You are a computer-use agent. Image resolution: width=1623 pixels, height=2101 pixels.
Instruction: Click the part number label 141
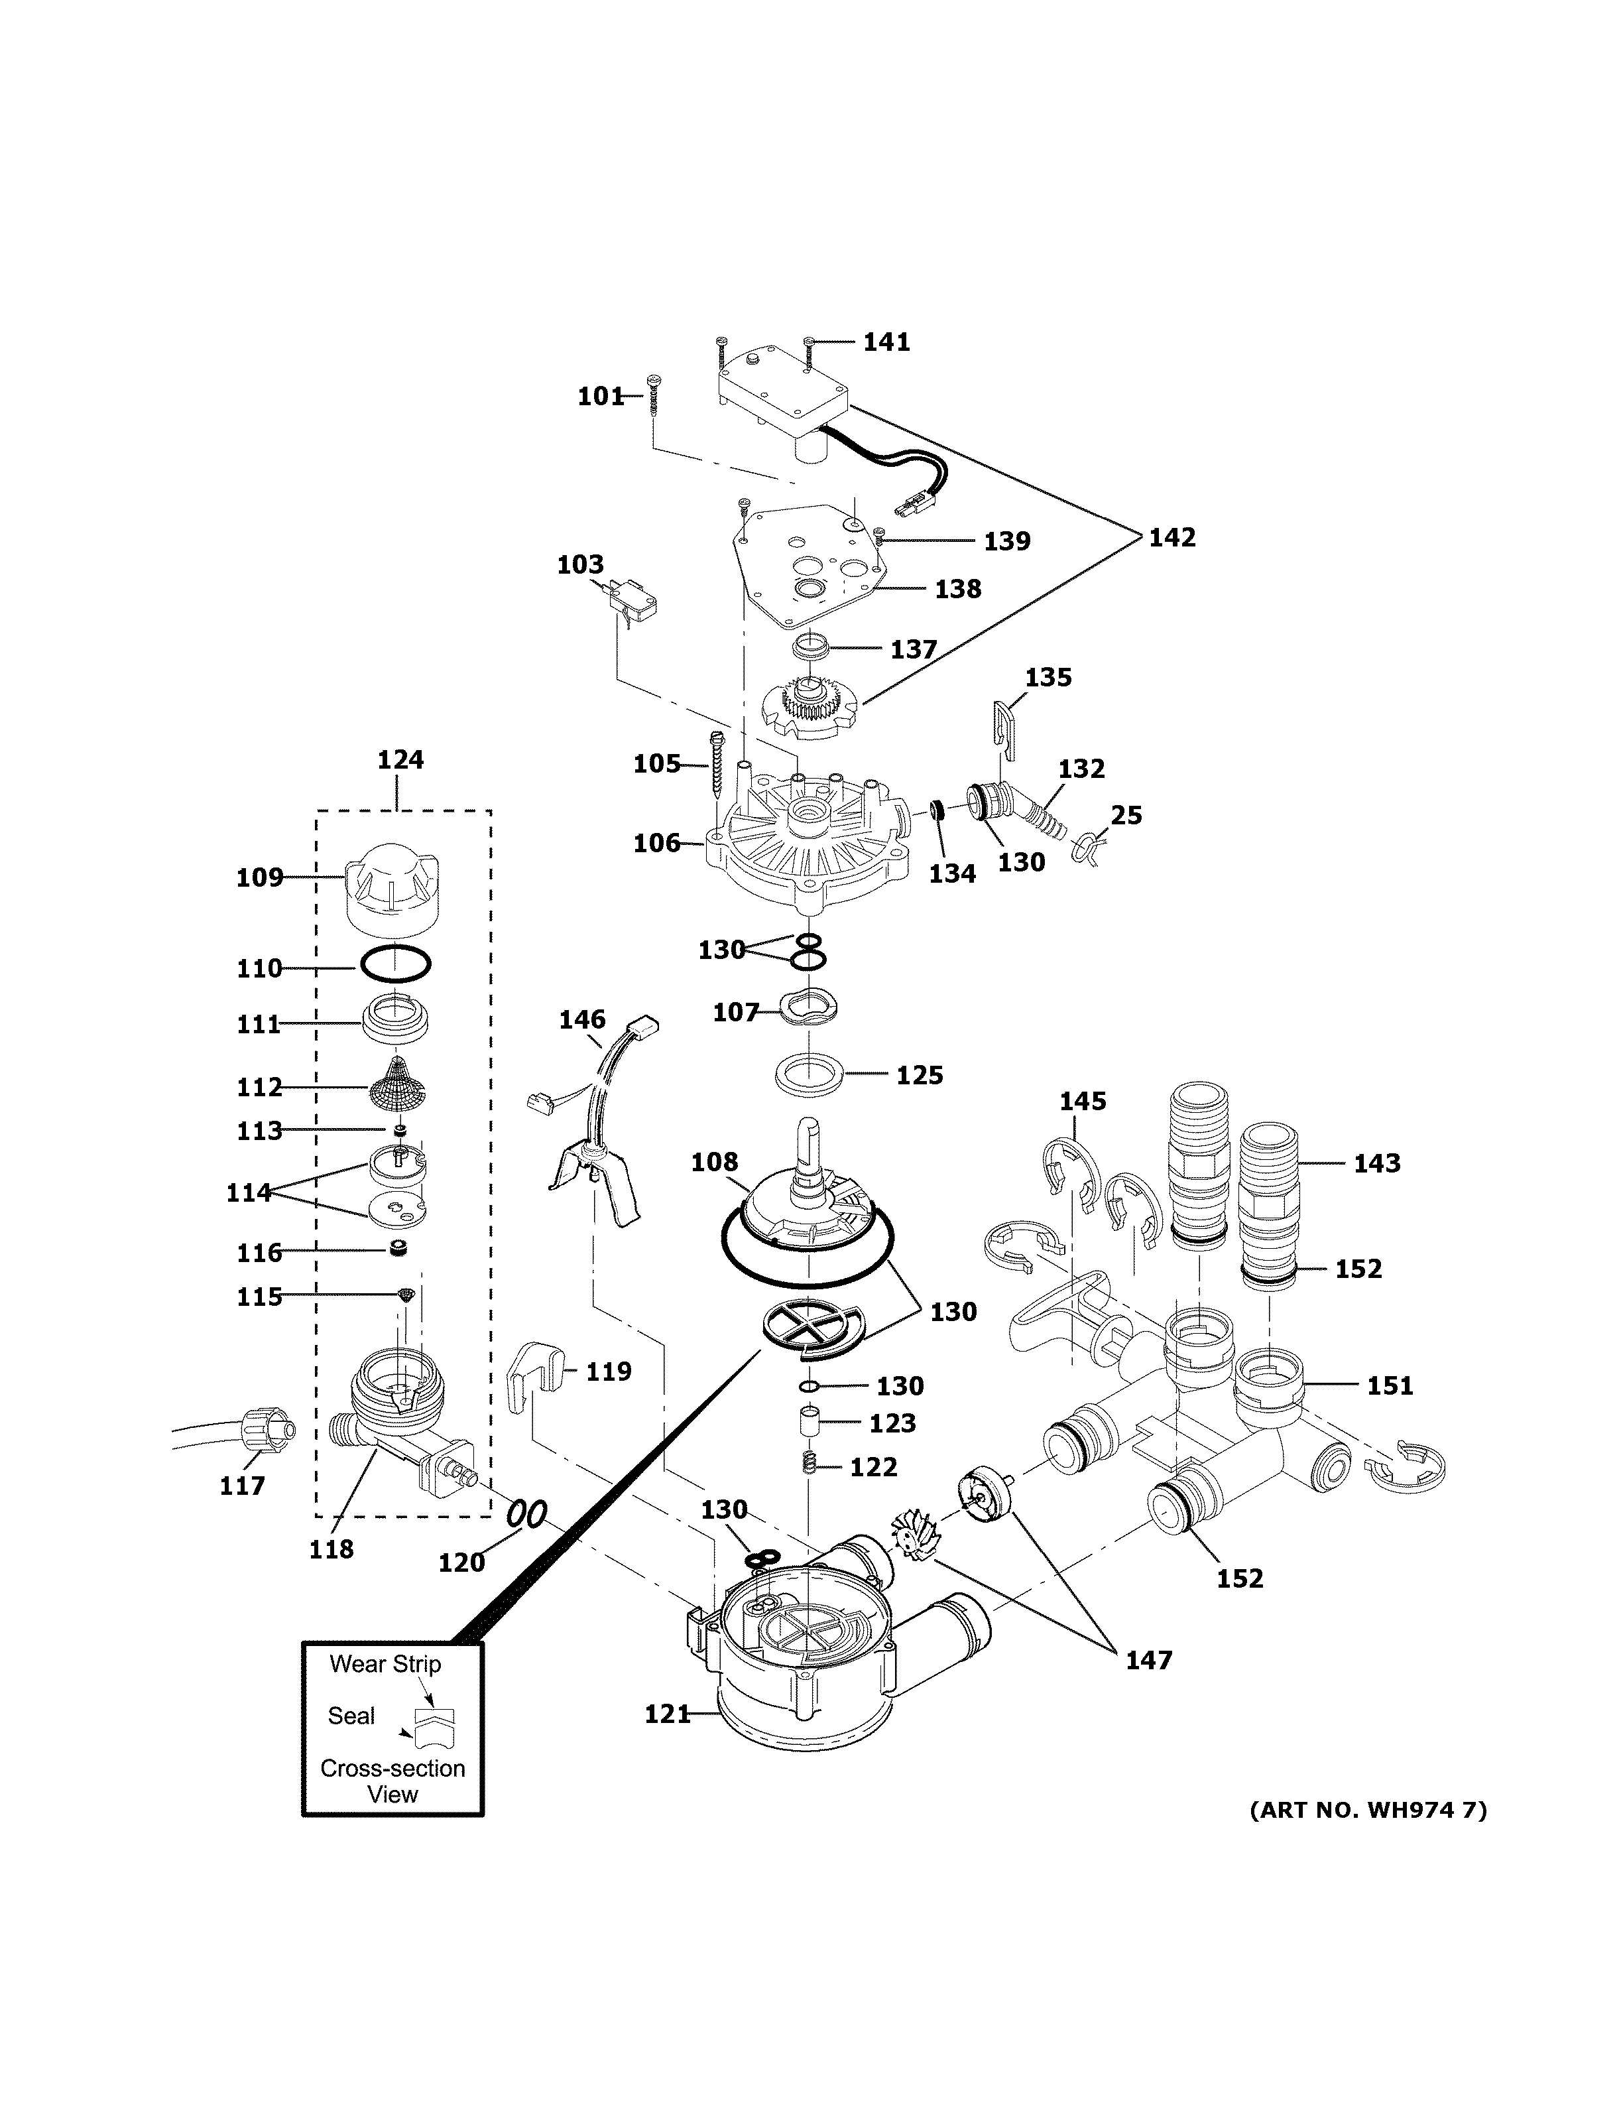point(886,342)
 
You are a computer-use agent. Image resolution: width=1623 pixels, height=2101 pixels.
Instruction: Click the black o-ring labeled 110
point(395,963)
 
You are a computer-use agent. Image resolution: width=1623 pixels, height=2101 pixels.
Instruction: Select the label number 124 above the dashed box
point(400,760)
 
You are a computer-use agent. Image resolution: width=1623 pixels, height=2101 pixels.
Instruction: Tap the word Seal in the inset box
point(351,1716)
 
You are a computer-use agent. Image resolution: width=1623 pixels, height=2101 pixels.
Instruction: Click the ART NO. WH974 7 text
point(1367,1811)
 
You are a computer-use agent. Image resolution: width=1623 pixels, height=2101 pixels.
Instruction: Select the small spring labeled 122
point(810,1466)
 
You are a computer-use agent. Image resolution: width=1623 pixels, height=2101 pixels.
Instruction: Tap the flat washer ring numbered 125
point(810,1074)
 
